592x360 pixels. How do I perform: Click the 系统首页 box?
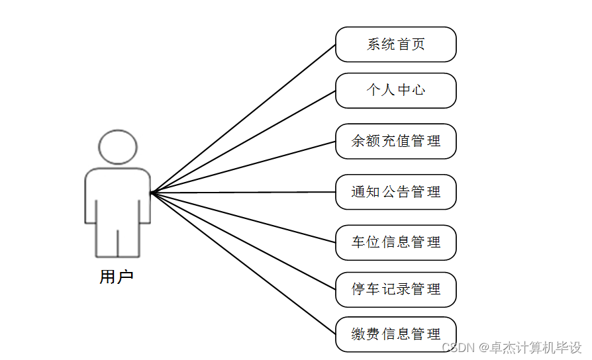(395, 44)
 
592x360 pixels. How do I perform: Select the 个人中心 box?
(395, 90)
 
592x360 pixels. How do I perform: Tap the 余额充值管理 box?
(395, 141)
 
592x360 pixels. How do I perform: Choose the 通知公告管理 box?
(395, 192)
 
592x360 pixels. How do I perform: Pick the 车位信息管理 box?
(395, 242)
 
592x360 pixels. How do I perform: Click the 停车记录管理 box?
(395, 289)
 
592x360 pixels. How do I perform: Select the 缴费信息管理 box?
(395, 334)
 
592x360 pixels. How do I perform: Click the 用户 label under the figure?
(117, 277)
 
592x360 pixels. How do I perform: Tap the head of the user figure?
(118, 146)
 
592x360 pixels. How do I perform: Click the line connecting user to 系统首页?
(244, 118)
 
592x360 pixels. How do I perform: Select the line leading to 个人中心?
(244, 142)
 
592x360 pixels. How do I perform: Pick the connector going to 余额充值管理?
(244, 167)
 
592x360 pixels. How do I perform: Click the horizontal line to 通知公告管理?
(244, 193)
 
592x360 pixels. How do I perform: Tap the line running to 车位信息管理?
(244, 218)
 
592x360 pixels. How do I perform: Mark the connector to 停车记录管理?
(244, 241)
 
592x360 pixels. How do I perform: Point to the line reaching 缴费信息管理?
(244, 263)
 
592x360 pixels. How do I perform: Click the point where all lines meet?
(152, 193)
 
